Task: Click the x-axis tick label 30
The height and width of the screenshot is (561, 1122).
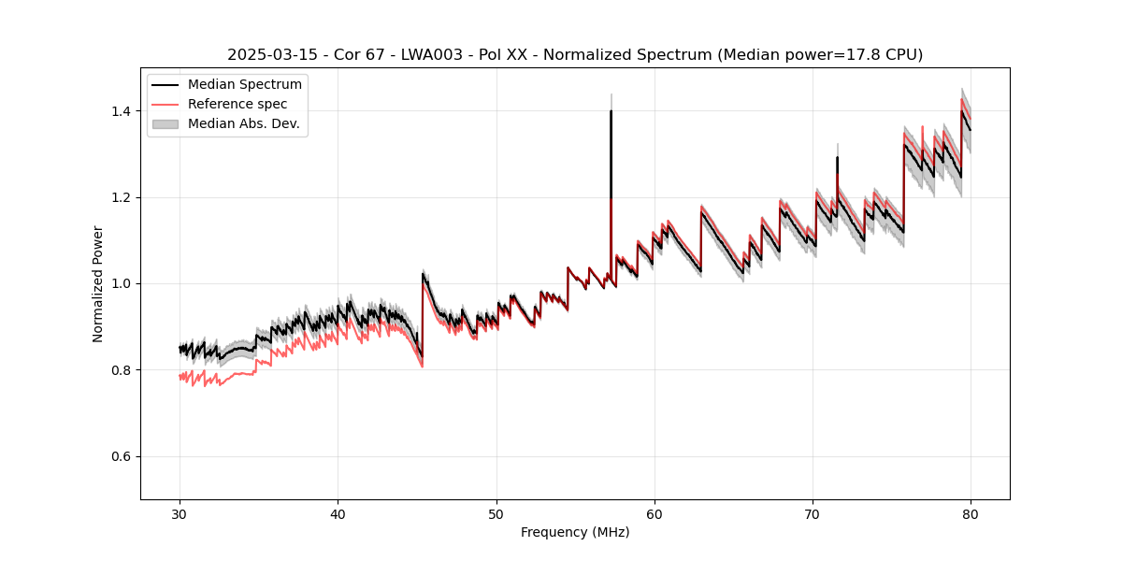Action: (180, 513)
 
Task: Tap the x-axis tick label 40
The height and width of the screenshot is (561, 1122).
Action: (338, 513)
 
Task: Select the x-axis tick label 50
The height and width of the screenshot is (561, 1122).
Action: (496, 513)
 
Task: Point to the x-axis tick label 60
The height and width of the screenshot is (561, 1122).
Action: (654, 513)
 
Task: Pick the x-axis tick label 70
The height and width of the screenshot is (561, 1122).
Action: (813, 513)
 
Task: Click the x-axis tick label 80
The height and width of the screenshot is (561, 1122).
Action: (971, 513)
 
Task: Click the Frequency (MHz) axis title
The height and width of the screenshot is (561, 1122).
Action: (575, 532)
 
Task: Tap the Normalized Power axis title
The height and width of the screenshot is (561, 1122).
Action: (98, 283)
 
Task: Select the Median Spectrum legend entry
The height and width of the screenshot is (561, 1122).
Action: (244, 85)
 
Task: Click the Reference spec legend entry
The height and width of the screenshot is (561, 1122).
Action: (237, 104)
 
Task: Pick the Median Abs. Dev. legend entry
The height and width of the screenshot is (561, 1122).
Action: (243, 123)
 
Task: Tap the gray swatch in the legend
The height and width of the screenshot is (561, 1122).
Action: (167, 123)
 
